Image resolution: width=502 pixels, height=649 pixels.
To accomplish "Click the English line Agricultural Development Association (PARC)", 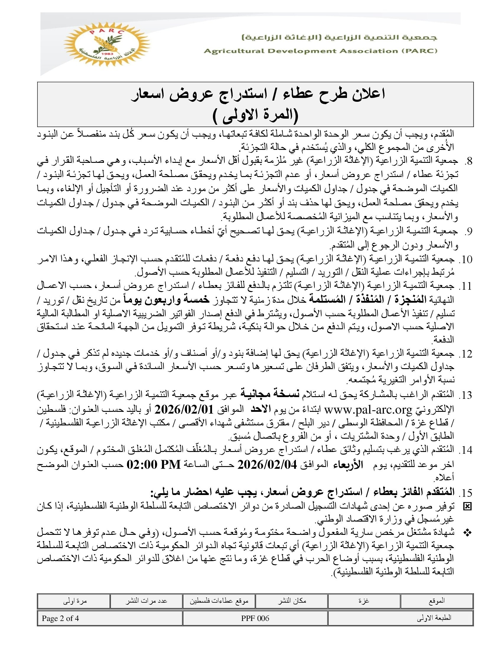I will pyautogui.click(x=320, y=51).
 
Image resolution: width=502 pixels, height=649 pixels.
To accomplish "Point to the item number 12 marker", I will pyautogui.click(x=465, y=354).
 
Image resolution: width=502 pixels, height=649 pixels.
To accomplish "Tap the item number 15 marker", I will pyautogui.click(x=465, y=493).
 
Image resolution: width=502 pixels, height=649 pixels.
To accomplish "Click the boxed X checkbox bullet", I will pyautogui.click(x=467, y=507).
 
